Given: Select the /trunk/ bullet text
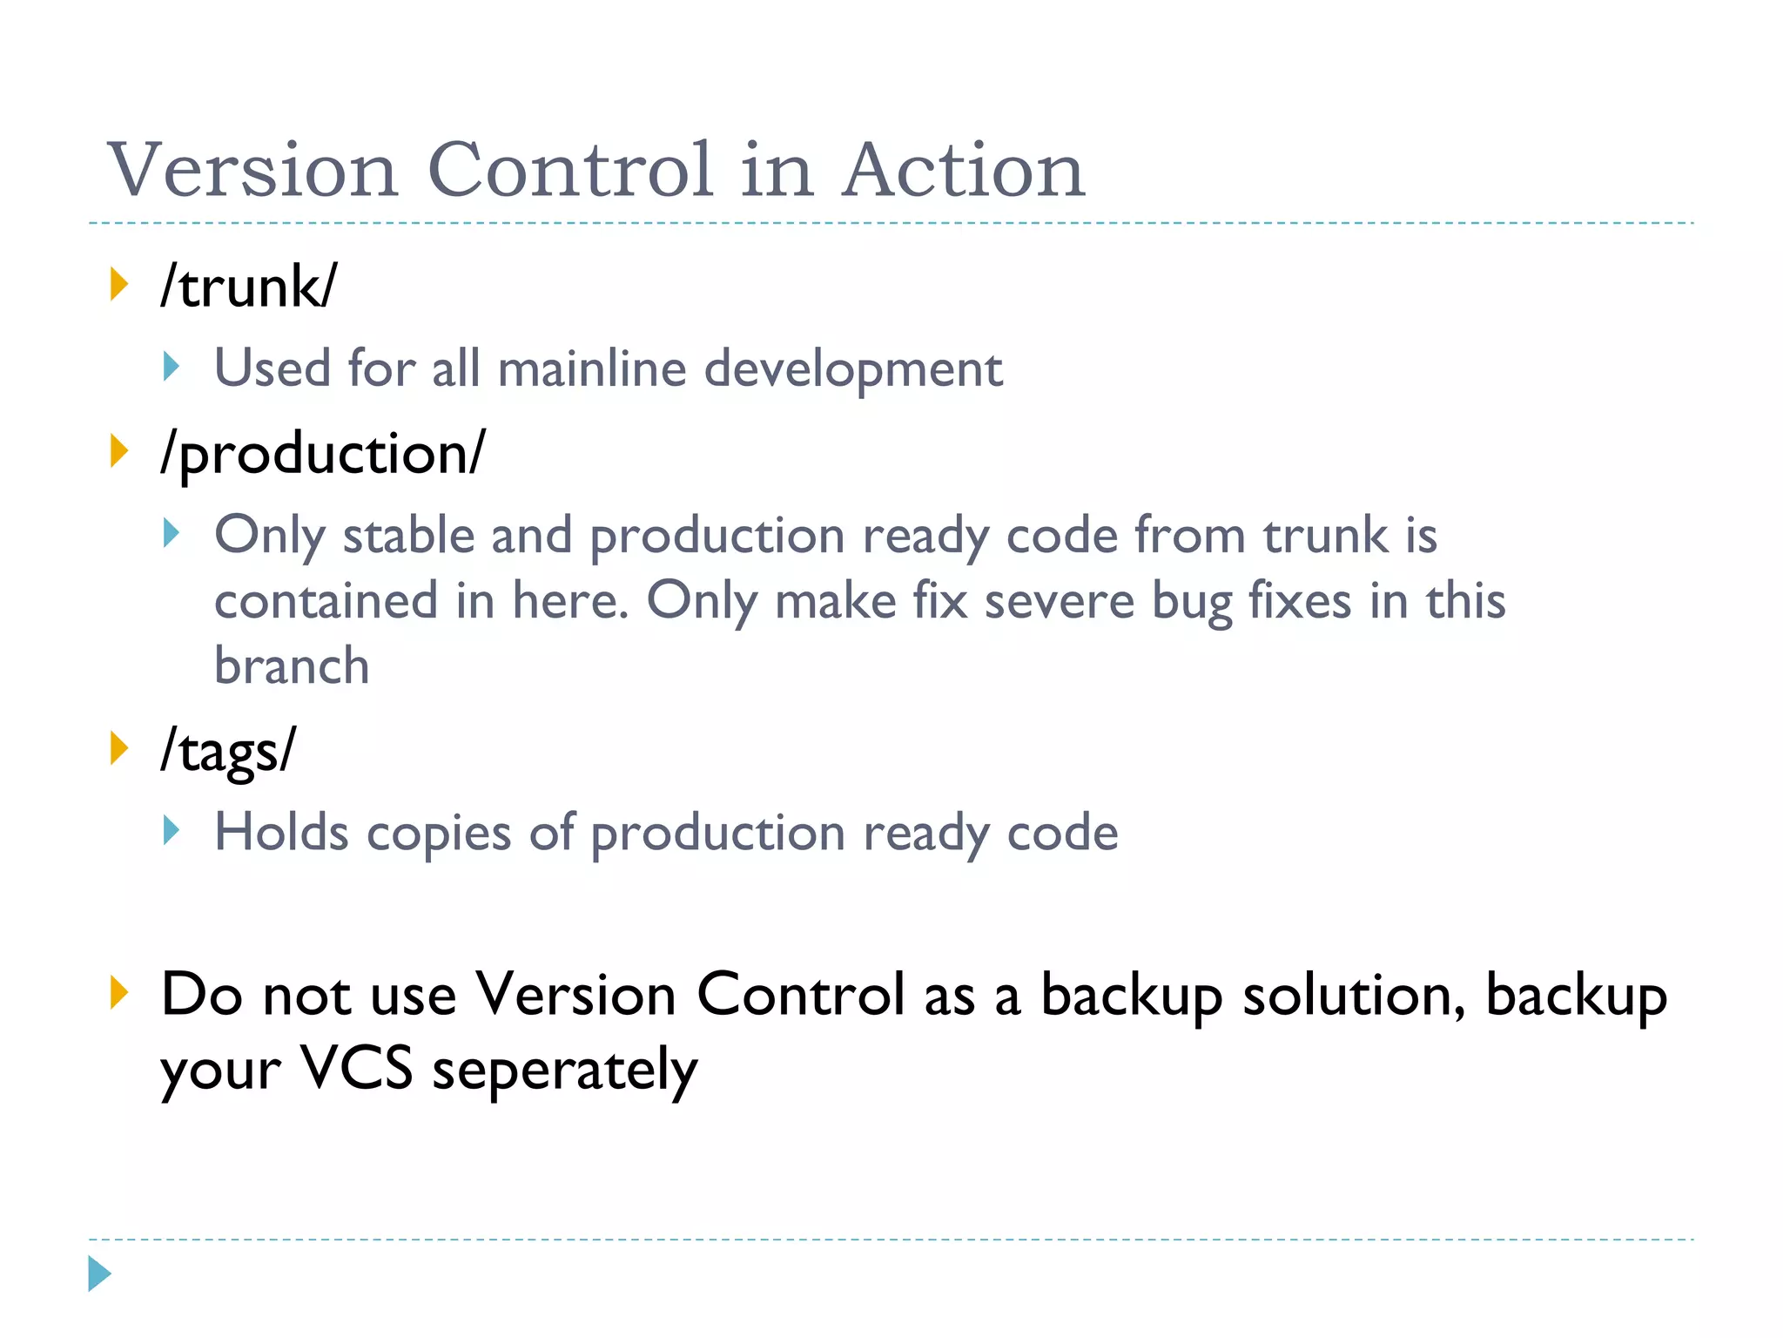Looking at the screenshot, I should (x=248, y=287).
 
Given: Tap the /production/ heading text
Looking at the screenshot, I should (x=323, y=454).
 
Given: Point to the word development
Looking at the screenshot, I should (x=853, y=369).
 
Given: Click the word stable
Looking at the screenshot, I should (x=408, y=535).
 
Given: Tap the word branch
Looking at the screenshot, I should (x=292, y=666).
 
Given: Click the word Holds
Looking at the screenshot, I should (x=281, y=832).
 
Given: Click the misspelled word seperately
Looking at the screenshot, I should (x=565, y=1071).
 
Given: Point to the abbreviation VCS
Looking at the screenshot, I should (x=356, y=1069).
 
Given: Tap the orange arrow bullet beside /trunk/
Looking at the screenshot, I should (x=119, y=285).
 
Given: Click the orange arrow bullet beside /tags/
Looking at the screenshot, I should (x=119, y=748).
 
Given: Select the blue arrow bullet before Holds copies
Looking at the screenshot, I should (x=172, y=831).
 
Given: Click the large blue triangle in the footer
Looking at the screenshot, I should (x=99, y=1274).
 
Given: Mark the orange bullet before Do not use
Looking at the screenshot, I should (x=119, y=993).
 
